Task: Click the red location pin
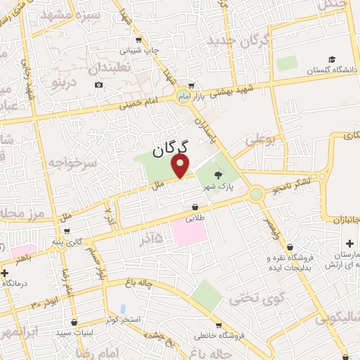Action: [x=181, y=166]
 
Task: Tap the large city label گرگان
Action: [x=171, y=148]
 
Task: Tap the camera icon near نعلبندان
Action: [x=98, y=85]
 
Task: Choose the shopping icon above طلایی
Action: [x=194, y=207]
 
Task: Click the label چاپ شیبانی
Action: [x=143, y=51]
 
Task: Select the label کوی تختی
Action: [x=261, y=300]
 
